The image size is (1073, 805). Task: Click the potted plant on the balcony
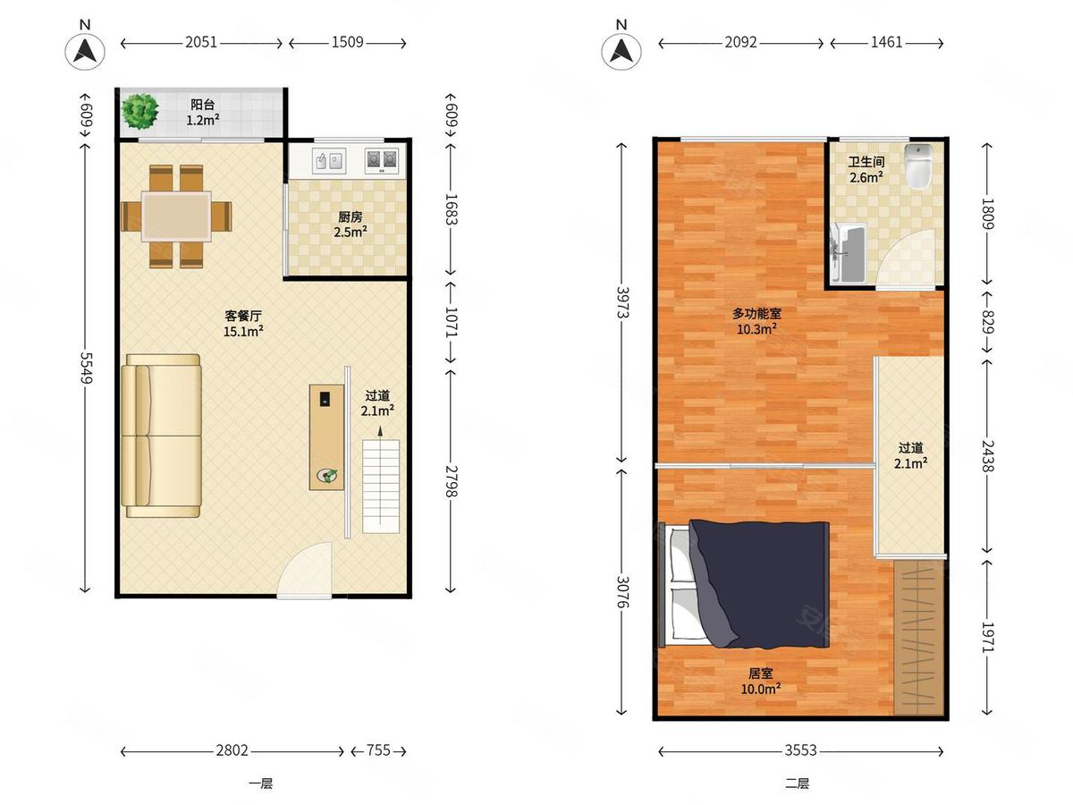[140, 112]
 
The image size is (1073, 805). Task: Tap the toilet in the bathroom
[918, 166]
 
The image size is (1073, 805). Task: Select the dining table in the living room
[176, 216]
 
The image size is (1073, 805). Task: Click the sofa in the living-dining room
[161, 436]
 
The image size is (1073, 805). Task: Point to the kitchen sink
[329, 160]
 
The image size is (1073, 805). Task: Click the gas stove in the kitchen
[381, 160]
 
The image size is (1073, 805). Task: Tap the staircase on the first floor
[381, 487]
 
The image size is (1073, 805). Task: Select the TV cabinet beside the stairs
[326, 437]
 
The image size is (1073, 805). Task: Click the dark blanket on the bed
[759, 583]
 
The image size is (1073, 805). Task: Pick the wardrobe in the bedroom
[918, 638]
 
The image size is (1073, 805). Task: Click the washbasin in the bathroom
[849, 253]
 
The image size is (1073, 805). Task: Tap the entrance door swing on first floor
[305, 570]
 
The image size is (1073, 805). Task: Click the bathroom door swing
[909, 258]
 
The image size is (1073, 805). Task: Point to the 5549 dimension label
[86, 368]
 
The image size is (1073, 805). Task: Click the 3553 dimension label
[800, 750]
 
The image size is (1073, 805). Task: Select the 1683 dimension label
[451, 209]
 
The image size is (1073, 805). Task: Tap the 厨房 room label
[350, 216]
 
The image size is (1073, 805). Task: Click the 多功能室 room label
[756, 313]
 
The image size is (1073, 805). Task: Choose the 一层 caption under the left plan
[260, 784]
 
